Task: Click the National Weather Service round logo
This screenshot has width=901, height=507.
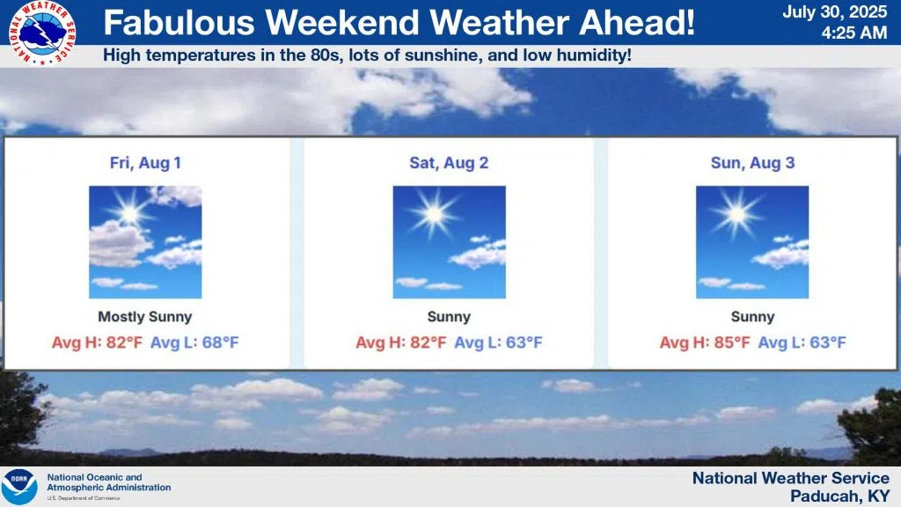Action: pos(42,33)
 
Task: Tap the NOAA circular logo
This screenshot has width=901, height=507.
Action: pos(19,487)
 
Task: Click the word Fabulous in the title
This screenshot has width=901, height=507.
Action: pos(179,22)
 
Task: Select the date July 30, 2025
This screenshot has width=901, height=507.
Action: pos(834,12)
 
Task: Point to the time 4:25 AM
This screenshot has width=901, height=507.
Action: pos(853,33)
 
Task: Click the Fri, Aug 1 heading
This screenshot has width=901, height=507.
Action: pos(145,163)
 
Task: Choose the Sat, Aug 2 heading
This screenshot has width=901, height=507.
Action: pos(449,163)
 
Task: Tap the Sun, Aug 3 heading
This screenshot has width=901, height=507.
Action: pos(753,163)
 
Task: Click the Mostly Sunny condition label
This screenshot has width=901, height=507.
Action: pos(145,317)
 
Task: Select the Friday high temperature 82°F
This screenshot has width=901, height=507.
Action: pos(124,342)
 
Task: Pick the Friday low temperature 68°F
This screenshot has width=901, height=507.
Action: pos(220,342)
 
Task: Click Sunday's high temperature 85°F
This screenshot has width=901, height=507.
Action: pos(731,342)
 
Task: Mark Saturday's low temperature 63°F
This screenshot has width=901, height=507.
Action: pos(524,342)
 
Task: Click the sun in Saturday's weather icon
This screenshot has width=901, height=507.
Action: pos(433,215)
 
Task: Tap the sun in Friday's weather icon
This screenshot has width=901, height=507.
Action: pos(130,214)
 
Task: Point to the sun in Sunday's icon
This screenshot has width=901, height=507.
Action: pos(736,215)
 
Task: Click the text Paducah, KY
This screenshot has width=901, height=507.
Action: pos(839,496)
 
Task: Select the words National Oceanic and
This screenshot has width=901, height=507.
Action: pos(94,477)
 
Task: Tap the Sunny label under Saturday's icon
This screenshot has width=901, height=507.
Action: pos(449,317)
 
